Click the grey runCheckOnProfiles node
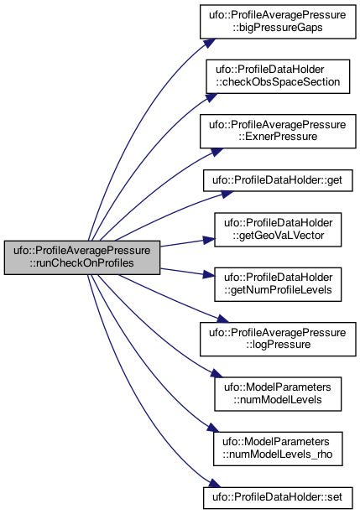click(x=82, y=257)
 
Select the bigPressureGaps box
click(x=278, y=22)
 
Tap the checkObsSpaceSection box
click(x=278, y=76)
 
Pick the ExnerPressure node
click(x=278, y=131)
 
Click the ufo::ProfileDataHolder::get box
click(x=278, y=180)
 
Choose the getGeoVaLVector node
click(x=278, y=230)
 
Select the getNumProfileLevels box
click(x=278, y=284)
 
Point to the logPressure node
click(x=278, y=339)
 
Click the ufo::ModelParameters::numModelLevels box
click(x=278, y=394)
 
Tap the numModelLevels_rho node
click(x=278, y=449)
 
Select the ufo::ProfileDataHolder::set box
click(x=278, y=497)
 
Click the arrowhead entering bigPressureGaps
click(x=210, y=43)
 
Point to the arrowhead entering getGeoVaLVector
click(x=209, y=241)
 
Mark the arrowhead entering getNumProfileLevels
click(x=209, y=274)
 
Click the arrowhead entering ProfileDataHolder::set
click(x=215, y=484)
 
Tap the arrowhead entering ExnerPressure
click(x=217, y=152)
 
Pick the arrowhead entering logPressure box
click(x=222, y=319)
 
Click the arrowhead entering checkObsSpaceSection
click(x=211, y=98)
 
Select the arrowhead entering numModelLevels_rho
click(x=212, y=428)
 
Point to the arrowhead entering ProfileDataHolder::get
click(x=227, y=194)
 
